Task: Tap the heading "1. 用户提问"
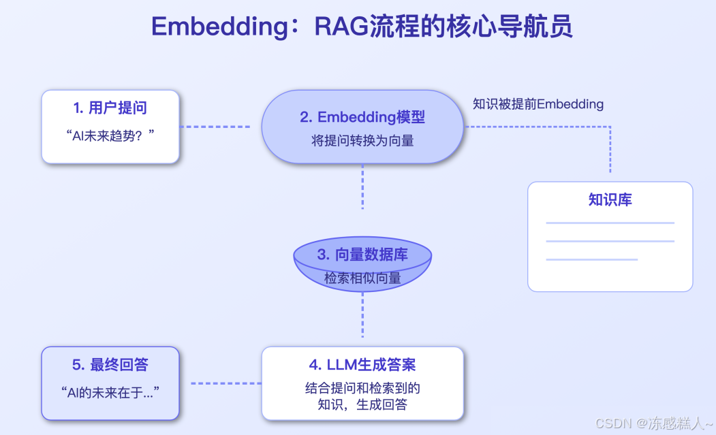110,108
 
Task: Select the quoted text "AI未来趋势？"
110,135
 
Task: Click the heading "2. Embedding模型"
362,117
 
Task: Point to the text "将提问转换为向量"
362,141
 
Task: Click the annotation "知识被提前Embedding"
538,104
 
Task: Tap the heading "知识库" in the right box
610,199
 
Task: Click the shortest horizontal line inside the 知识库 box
591,259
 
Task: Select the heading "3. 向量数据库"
362,255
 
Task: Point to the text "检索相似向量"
362,278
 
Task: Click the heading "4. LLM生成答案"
362,365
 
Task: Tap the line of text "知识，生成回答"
362,405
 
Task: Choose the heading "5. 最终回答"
110,365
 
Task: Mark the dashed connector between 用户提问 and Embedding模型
215,127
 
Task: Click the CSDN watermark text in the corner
654,423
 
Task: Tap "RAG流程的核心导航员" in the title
443,27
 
